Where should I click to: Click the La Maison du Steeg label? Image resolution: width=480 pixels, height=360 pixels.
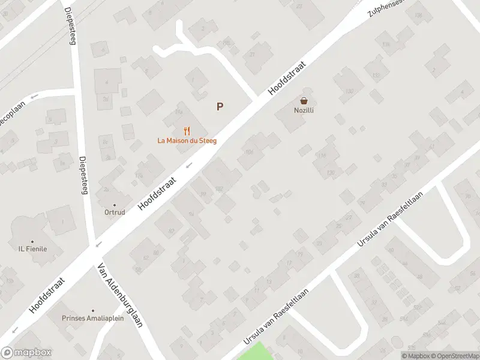click(187, 140)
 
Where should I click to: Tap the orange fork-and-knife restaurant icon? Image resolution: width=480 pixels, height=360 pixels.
click(187, 130)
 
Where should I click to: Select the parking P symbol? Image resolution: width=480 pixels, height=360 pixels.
click(220, 107)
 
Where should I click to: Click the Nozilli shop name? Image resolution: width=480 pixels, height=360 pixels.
click(304, 110)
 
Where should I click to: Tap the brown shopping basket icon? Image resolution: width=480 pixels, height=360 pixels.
click(304, 101)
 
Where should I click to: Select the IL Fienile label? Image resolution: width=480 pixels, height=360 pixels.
click(32, 249)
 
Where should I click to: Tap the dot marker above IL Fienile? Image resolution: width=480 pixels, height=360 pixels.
click(32, 241)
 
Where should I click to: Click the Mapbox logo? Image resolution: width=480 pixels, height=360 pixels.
click(26, 353)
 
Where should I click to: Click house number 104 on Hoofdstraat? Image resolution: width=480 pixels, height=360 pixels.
click(250, 151)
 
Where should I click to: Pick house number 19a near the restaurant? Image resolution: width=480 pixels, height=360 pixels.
click(178, 112)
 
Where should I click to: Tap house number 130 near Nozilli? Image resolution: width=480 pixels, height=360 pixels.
click(349, 91)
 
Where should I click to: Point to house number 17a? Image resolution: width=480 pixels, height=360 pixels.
click(139, 175)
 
